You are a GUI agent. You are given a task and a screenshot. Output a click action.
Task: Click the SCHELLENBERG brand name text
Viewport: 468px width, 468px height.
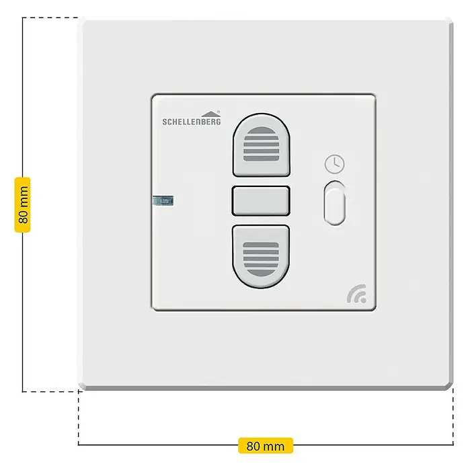pyautogui.click(x=192, y=121)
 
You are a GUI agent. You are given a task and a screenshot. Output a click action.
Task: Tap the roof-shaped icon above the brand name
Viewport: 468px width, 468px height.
pyautogui.click(x=210, y=114)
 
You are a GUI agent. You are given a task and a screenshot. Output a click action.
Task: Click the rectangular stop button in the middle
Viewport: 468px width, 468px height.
pyautogui.click(x=261, y=201)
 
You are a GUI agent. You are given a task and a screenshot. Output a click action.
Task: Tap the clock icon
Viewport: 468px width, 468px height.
pyautogui.click(x=335, y=164)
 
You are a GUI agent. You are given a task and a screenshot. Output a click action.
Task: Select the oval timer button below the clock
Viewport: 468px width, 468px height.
pyautogui.click(x=335, y=203)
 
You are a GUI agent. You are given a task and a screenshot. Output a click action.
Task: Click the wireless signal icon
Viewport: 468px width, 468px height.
pyautogui.click(x=357, y=294)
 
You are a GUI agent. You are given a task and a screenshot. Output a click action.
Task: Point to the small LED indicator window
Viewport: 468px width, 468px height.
pyautogui.click(x=163, y=200)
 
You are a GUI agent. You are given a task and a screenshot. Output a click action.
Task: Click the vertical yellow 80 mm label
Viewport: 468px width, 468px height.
pyautogui.click(x=23, y=204)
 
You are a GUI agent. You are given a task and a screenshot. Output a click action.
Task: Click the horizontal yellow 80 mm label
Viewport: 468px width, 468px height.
pyautogui.click(x=266, y=446)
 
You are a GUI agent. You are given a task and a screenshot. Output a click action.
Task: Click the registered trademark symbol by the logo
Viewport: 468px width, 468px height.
pyautogui.click(x=219, y=112)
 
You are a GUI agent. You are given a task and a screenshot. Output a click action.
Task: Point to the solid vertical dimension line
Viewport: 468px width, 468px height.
pyautogui.click(x=22, y=204)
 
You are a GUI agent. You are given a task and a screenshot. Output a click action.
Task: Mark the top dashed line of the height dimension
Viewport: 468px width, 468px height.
pyautogui.click(x=50, y=17)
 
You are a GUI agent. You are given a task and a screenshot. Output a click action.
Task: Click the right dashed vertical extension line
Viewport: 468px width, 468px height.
pyautogui.click(x=453, y=417)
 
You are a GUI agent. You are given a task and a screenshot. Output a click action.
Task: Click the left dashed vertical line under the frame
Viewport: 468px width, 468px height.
pyautogui.click(x=79, y=418)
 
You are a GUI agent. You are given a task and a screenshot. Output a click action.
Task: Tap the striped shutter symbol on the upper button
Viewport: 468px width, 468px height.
pyautogui.click(x=261, y=144)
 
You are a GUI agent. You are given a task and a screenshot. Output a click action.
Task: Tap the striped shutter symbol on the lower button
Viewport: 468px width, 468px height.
pyautogui.click(x=261, y=259)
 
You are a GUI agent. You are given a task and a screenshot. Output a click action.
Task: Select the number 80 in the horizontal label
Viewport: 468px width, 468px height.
pyautogui.click(x=253, y=446)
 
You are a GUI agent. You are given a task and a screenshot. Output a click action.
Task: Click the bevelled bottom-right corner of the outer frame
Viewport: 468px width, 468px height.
pyautogui.click(x=449, y=386)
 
